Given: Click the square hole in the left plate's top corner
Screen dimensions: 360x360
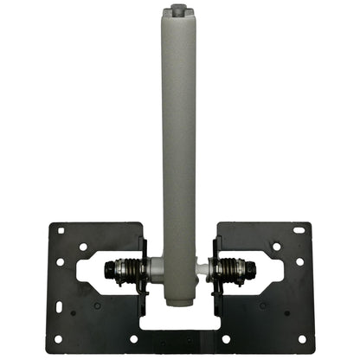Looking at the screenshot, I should point(61,230).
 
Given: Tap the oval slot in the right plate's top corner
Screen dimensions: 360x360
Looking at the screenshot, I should point(299,230).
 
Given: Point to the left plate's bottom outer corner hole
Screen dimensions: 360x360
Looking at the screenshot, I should point(58,338).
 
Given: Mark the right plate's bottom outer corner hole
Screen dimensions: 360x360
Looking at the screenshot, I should point(302,338).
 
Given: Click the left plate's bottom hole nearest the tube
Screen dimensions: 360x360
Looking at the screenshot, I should point(132,338).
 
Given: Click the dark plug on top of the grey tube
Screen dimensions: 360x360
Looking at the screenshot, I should point(179,10).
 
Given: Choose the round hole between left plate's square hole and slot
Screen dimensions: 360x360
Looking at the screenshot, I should point(83,247).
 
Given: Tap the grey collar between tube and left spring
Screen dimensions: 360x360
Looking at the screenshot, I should point(155,268).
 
